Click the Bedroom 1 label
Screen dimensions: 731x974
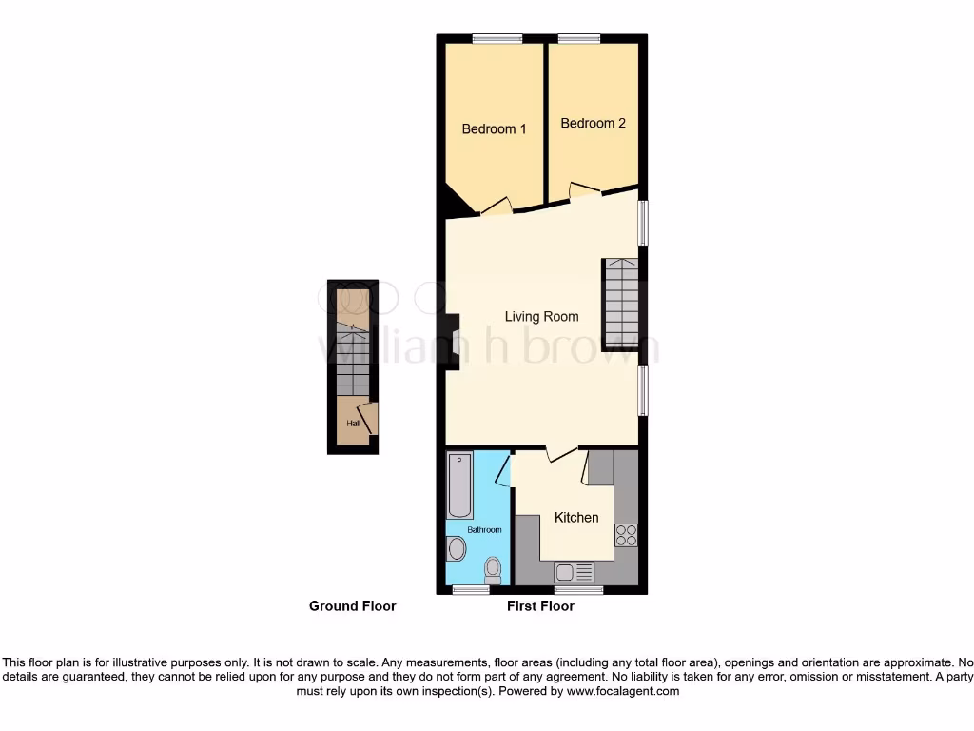pyautogui.click(x=494, y=129)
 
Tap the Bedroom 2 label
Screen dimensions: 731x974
pyautogui.click(x=593, y=124)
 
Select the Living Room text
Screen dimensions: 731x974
pyautogui.click(x=541, y=317)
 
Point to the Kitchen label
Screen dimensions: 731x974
pyautogui.click(x=576, y=518)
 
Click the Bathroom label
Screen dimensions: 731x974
pyautogui.click(x=483, y=530)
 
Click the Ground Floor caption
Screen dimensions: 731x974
pyautogui.click(x=352, y=606)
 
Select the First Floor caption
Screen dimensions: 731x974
pyautogui.click(x=540, y=606)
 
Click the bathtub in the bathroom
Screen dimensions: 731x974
pyautogui.click(x=460, y=484)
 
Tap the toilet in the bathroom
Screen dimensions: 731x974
pyautogui.click(x=493, y=569)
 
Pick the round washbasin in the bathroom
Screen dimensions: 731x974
pyautogui.click(x=458, y=549)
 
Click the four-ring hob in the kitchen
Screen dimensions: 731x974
pyautogui.click(x=626, y=536)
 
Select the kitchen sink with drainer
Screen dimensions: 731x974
pyautogui.click(x=575, y=572)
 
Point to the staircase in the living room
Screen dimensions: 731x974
pyautogui.click(x=621, y=305)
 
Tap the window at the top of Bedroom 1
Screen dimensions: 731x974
pyautogui.click(x=497, y=39)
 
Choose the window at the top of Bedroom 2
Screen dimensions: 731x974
pyautogui.click(x=578, y=39)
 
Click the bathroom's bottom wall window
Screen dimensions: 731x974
pyautogui.click(x=470, y=590)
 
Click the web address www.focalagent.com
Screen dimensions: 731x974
pyautogui.click(x=622, y=692)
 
